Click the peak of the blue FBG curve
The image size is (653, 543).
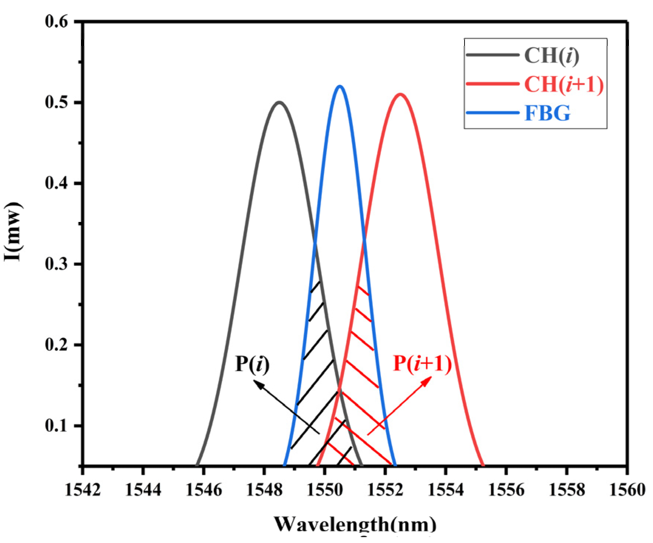(340, 87)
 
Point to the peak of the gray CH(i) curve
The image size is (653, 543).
(279, 102)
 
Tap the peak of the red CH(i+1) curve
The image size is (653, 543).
(400, 94)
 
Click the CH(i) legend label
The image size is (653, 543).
(551, 55)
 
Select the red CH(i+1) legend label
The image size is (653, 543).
(564, 84)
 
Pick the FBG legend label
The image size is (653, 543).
(547, 113)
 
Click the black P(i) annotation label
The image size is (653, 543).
(252, 364)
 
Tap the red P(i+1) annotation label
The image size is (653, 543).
(422, 363)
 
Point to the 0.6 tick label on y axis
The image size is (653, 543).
(57, 21)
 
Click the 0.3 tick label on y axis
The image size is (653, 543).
(57, 264)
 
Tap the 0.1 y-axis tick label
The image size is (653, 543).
(57, 425)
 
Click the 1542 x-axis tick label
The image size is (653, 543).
(82, 490)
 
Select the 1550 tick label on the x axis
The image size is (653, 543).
(324, 490)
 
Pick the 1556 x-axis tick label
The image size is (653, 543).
(506, 490)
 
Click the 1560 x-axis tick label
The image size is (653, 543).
(627, 490)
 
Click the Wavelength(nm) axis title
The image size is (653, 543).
(355, 524)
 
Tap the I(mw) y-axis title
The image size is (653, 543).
(13, 232)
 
